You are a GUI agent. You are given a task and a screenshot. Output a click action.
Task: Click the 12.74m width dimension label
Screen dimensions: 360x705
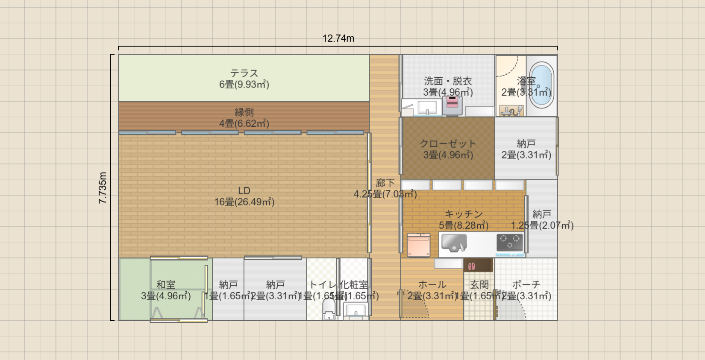pos(338,38)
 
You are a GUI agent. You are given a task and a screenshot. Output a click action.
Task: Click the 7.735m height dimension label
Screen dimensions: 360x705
pos(103,187)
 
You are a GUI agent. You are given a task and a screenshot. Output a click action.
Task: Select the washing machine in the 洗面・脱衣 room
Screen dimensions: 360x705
pos(452,105)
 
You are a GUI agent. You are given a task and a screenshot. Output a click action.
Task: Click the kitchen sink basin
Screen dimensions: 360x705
pos(453,243)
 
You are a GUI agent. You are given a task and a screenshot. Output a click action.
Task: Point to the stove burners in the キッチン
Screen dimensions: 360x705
pos(510,243)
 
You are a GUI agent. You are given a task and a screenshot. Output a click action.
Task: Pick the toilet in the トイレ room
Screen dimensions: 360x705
pos(329,309)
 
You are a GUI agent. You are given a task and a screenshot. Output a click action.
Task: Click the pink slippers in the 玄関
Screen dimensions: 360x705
pos(472,266)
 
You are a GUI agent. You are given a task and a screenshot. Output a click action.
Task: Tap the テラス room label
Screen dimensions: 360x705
pos(244,73)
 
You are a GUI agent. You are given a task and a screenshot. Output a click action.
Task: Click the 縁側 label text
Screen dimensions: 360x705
pos(244,112)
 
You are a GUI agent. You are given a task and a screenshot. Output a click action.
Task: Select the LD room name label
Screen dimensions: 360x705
pos(244,191)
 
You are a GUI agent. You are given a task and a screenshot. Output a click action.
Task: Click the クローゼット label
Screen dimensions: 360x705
pos(448,144)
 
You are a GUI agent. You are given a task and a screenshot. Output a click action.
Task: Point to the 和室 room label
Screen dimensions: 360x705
pos(166,285)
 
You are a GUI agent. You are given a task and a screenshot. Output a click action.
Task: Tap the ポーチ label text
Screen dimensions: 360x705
pos(526,285)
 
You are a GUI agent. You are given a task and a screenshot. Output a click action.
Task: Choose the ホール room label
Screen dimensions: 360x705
pos(432,285)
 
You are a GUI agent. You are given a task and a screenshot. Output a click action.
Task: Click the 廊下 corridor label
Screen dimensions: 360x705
pos(385,183)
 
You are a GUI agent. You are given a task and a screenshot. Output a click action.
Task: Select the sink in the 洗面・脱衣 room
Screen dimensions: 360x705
pos(427,107)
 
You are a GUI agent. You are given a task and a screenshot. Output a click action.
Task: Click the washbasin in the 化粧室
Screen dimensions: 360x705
pos(355,310)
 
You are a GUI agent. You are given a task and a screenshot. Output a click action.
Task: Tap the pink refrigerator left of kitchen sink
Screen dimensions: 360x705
pos(418,245)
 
